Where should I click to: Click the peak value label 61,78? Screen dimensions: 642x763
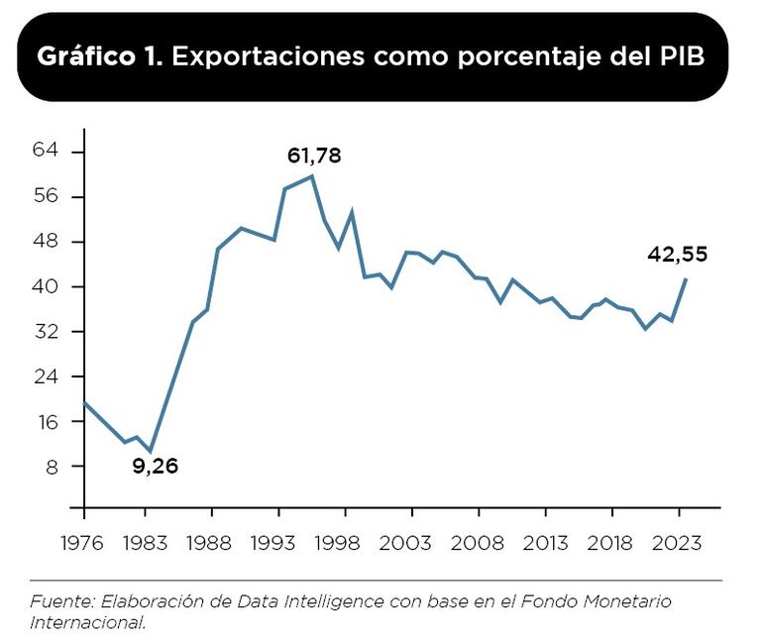click(x=314, y=156)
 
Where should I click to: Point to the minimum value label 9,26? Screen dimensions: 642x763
click(x=156, y=466)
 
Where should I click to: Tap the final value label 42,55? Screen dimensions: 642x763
click(x=678, y=255)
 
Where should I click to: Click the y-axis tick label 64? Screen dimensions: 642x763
click(x=47, y=151)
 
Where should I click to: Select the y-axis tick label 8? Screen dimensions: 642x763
click(x=52, y=467)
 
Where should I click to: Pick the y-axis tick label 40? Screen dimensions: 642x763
click(x=47, y=286)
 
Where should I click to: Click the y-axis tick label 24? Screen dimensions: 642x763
click(x=47, y=376)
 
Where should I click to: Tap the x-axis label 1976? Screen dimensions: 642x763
click(x=83, y=544)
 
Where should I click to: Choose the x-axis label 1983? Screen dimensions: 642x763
click(x=150, y=544)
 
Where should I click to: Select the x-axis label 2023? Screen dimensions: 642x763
click(x=679, y=544)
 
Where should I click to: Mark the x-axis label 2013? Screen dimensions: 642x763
click(x=545, y=544)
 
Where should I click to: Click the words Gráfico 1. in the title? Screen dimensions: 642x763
click(x=100, y=56)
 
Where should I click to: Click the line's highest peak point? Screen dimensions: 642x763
click(x=312, y=176)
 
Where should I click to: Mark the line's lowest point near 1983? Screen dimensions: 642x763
click(x=150, y=452)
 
